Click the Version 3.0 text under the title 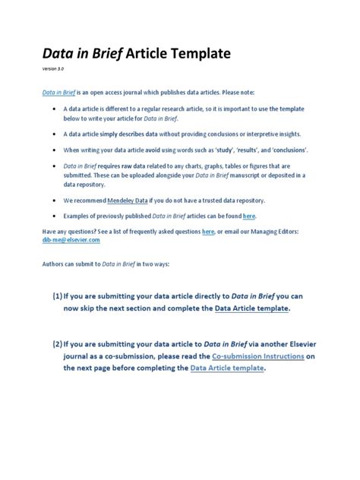53,69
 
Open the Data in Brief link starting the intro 58,91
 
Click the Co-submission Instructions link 257,355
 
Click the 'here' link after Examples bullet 248,216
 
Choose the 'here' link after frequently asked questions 208,231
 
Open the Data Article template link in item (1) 251,308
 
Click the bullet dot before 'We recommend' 55,201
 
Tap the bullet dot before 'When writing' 55,150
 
